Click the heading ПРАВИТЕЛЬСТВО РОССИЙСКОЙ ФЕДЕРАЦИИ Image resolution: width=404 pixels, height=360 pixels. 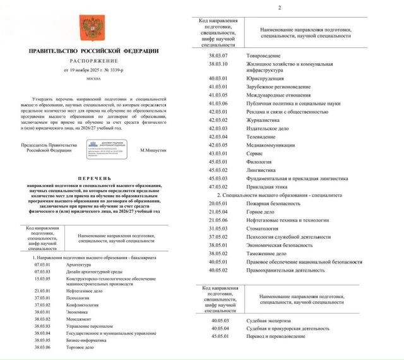93,51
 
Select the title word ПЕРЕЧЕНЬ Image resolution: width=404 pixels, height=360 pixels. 93,179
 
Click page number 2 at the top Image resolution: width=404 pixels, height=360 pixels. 296,8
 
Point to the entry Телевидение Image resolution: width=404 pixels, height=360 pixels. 261,136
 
